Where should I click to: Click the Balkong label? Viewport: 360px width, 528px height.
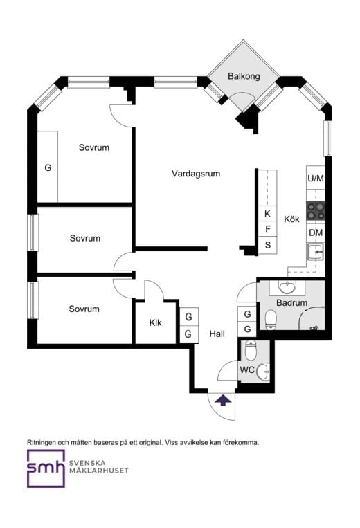(244, 76)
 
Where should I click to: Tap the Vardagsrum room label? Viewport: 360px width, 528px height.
(196, 174)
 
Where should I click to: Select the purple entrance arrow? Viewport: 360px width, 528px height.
(223, 401)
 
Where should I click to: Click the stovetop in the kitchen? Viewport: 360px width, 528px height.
(316, 211)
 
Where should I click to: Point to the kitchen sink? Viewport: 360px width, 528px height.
(315, 252)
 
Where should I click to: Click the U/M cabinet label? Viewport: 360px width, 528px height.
(316, 178)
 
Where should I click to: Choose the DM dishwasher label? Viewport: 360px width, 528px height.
(316, 233)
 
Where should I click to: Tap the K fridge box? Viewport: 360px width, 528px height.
(268, 214)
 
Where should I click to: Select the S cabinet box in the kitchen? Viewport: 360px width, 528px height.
(268, 245)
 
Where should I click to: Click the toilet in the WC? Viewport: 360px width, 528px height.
(250, 350)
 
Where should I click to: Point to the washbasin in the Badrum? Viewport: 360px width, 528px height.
(287, 288)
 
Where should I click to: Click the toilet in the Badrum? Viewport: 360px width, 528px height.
(271, 320)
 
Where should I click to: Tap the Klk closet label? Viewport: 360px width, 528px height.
(155, 323)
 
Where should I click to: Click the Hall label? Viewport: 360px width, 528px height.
(217, 334)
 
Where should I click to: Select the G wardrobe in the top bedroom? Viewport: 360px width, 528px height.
(48, 167)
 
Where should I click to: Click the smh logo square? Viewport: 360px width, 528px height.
(46, 468)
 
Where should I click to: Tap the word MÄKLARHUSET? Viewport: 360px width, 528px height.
(99, 471)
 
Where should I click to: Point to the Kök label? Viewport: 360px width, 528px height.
(291, 219)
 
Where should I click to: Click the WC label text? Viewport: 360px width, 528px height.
(247, 370)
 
